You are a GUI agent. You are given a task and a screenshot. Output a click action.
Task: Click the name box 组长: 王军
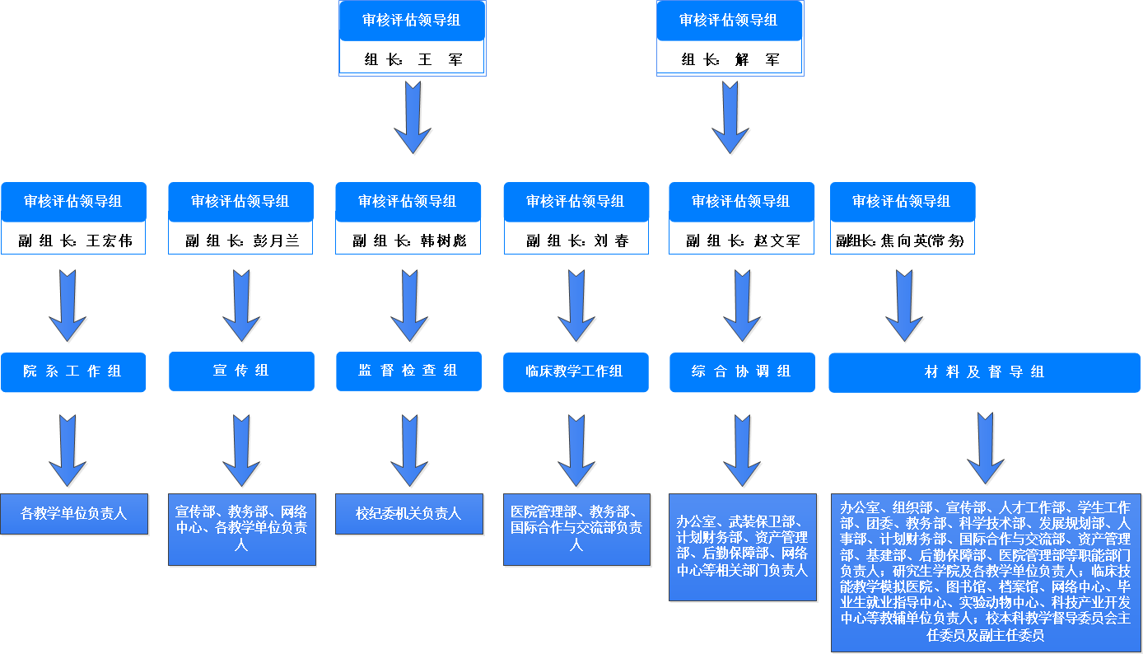412,59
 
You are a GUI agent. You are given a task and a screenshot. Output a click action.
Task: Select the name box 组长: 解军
730,59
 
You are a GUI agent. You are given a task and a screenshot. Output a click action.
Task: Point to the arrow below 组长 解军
730,117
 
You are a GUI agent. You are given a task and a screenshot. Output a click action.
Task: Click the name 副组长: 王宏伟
73,241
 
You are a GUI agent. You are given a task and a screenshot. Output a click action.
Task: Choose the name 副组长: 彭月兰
240,241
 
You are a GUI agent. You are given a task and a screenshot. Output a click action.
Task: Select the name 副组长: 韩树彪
408,241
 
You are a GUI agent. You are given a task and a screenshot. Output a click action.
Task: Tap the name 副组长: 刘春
576,241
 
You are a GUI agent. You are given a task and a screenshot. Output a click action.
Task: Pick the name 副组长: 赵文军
741,241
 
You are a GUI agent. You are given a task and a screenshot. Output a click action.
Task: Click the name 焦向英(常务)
903,241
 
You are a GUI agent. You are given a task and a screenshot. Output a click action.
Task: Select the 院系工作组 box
73,372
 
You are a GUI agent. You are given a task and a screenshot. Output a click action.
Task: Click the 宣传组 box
241,371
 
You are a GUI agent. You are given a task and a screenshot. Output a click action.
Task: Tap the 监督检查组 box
408,371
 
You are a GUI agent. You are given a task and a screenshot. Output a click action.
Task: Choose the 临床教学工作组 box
576,372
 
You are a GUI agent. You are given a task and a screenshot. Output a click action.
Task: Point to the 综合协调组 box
742,372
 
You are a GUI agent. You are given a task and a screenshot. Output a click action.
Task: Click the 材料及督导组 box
984,373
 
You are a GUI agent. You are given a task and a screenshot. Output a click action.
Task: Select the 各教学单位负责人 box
74,514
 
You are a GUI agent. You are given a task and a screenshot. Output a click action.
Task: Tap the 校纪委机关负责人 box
408,514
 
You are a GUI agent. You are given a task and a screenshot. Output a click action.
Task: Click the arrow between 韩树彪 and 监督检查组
409,306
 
